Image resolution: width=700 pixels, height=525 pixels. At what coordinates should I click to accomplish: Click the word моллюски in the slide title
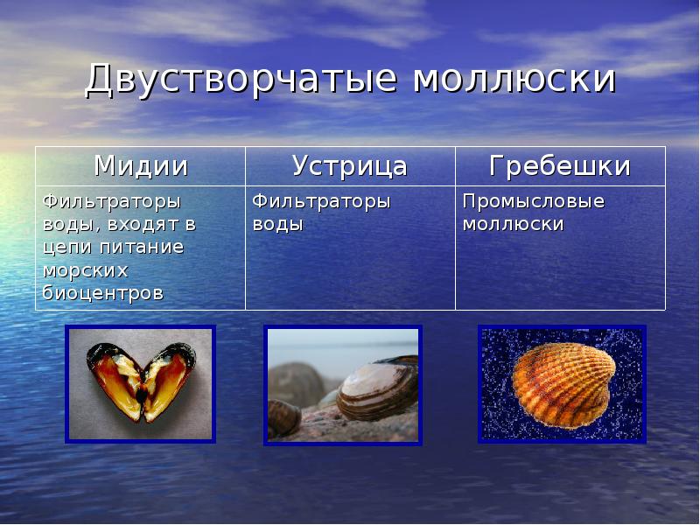(x=514, y=80)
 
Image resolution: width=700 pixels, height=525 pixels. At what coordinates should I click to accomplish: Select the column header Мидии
(x=141, y=165)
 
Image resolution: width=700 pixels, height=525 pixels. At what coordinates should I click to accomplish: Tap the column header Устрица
(x=350, y=165)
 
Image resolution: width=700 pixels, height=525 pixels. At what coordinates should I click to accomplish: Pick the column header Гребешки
(x=560, y=165)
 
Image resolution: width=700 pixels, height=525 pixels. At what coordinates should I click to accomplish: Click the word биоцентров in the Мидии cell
(x=103, y=292)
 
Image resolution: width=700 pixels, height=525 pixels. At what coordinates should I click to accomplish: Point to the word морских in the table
(x=85, y=269)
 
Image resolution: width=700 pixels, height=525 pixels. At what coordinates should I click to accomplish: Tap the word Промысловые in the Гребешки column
(x=534, y=201)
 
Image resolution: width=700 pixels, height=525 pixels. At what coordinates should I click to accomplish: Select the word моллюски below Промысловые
(x=513, y=224)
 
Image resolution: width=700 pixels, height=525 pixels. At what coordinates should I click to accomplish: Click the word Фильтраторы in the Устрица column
(x=322, y=201)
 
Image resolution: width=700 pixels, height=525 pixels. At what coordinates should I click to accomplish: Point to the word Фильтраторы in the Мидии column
(x=112, y=201)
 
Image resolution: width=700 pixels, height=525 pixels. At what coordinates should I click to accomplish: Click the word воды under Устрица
(x=278, y=224)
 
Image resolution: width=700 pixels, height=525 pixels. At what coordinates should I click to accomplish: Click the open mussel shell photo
(x=140, y=383)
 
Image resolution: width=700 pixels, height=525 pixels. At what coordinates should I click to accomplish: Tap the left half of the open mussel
(x=113, y=378)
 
